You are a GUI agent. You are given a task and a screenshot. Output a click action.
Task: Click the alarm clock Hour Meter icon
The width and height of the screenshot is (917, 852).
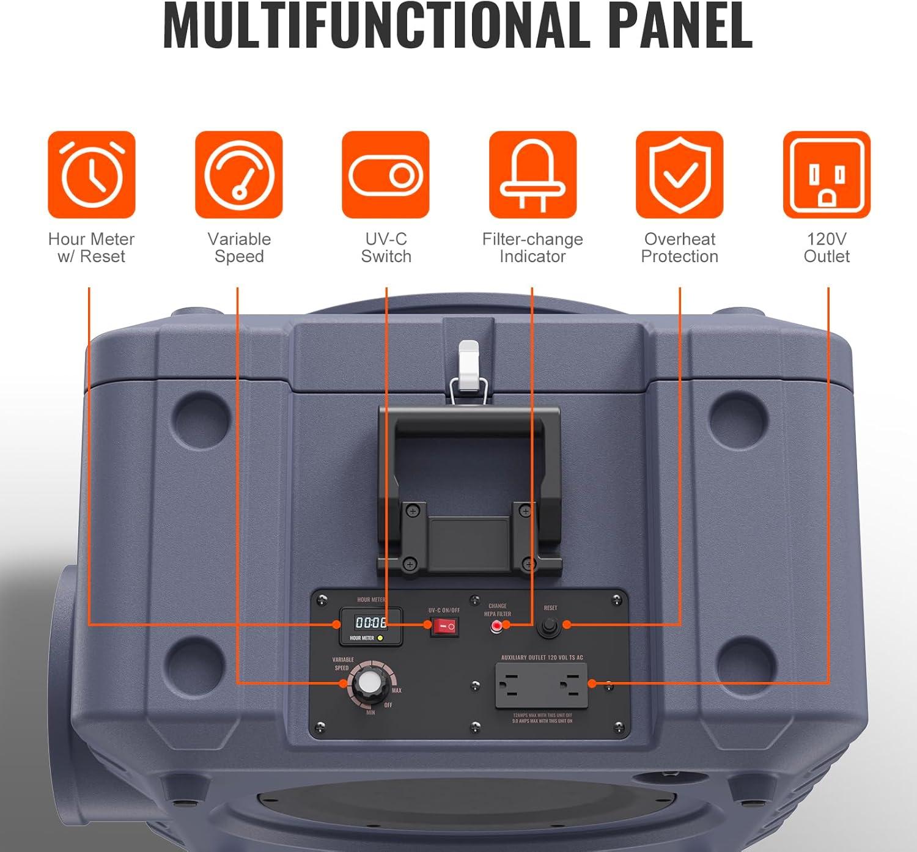92,175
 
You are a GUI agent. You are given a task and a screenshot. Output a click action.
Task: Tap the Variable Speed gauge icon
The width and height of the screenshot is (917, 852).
239,175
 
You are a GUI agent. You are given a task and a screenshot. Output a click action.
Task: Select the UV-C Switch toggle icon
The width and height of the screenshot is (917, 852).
386,175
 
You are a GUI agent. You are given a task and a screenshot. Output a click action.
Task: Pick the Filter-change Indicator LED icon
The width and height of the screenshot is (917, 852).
532,175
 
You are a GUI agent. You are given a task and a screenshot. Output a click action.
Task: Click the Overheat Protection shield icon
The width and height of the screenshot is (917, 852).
680,175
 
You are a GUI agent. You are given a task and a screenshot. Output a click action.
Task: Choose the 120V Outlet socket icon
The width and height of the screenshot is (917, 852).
827,175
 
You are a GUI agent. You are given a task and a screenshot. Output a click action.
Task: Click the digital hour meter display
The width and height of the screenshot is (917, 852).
371,623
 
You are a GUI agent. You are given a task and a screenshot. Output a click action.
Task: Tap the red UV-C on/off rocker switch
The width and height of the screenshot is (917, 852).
444,626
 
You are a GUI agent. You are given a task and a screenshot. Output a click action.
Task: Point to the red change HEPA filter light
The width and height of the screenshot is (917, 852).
497,626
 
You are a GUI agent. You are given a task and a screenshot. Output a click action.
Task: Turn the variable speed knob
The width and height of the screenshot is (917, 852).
369,683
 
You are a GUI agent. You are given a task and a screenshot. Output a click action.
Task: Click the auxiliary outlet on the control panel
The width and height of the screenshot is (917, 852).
541,685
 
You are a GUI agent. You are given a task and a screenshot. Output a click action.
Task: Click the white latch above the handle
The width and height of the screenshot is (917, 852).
469,365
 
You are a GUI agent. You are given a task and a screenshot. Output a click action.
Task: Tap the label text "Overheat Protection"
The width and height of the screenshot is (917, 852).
680,248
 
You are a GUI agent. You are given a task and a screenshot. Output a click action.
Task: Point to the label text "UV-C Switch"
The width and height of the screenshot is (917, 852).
386,248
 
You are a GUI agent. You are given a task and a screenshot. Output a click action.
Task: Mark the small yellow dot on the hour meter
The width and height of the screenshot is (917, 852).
380,638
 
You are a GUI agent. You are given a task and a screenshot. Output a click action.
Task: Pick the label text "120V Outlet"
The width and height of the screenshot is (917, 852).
827,248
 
